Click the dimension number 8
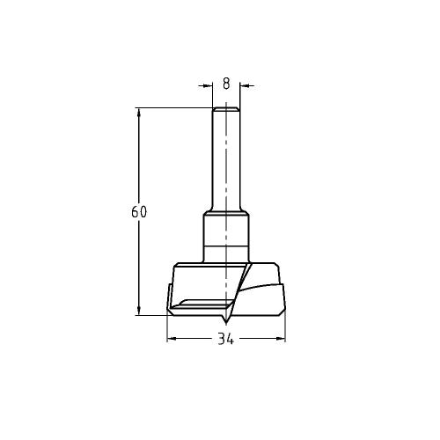(226, 84)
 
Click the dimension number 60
(138, 212)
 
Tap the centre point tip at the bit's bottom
(225, 320)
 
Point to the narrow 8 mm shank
(225, 158)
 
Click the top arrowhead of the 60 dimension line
(139, 112)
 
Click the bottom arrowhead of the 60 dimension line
(139, 309)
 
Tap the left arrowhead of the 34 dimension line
(171, 339)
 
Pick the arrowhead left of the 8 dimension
(209, 85)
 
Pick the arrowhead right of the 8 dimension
(244, 85)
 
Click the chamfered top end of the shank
(226, 109)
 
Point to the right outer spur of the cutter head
(281, 299)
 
